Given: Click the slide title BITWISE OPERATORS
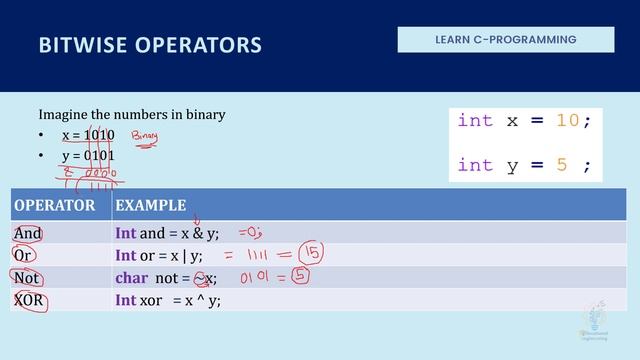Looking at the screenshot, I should [x=150, y=45].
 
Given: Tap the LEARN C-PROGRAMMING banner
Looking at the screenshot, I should [x=506, y=40].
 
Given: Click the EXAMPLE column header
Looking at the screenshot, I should [x=150, y=206].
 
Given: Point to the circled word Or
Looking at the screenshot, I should [x=23, y=256].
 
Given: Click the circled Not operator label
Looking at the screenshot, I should [x=27, y=279].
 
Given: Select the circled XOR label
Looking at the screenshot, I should [x=30, y=300].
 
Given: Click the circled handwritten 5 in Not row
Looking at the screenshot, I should [x=298, y=276].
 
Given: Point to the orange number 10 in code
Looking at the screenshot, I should [x=567, y=121].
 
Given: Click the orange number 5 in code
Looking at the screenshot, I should [x=561, y=165].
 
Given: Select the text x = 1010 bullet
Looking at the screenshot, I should [x=88, y=135].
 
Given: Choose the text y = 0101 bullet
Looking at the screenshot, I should [x=88, y=156].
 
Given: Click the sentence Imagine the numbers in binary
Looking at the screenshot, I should [x=132, y=114].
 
